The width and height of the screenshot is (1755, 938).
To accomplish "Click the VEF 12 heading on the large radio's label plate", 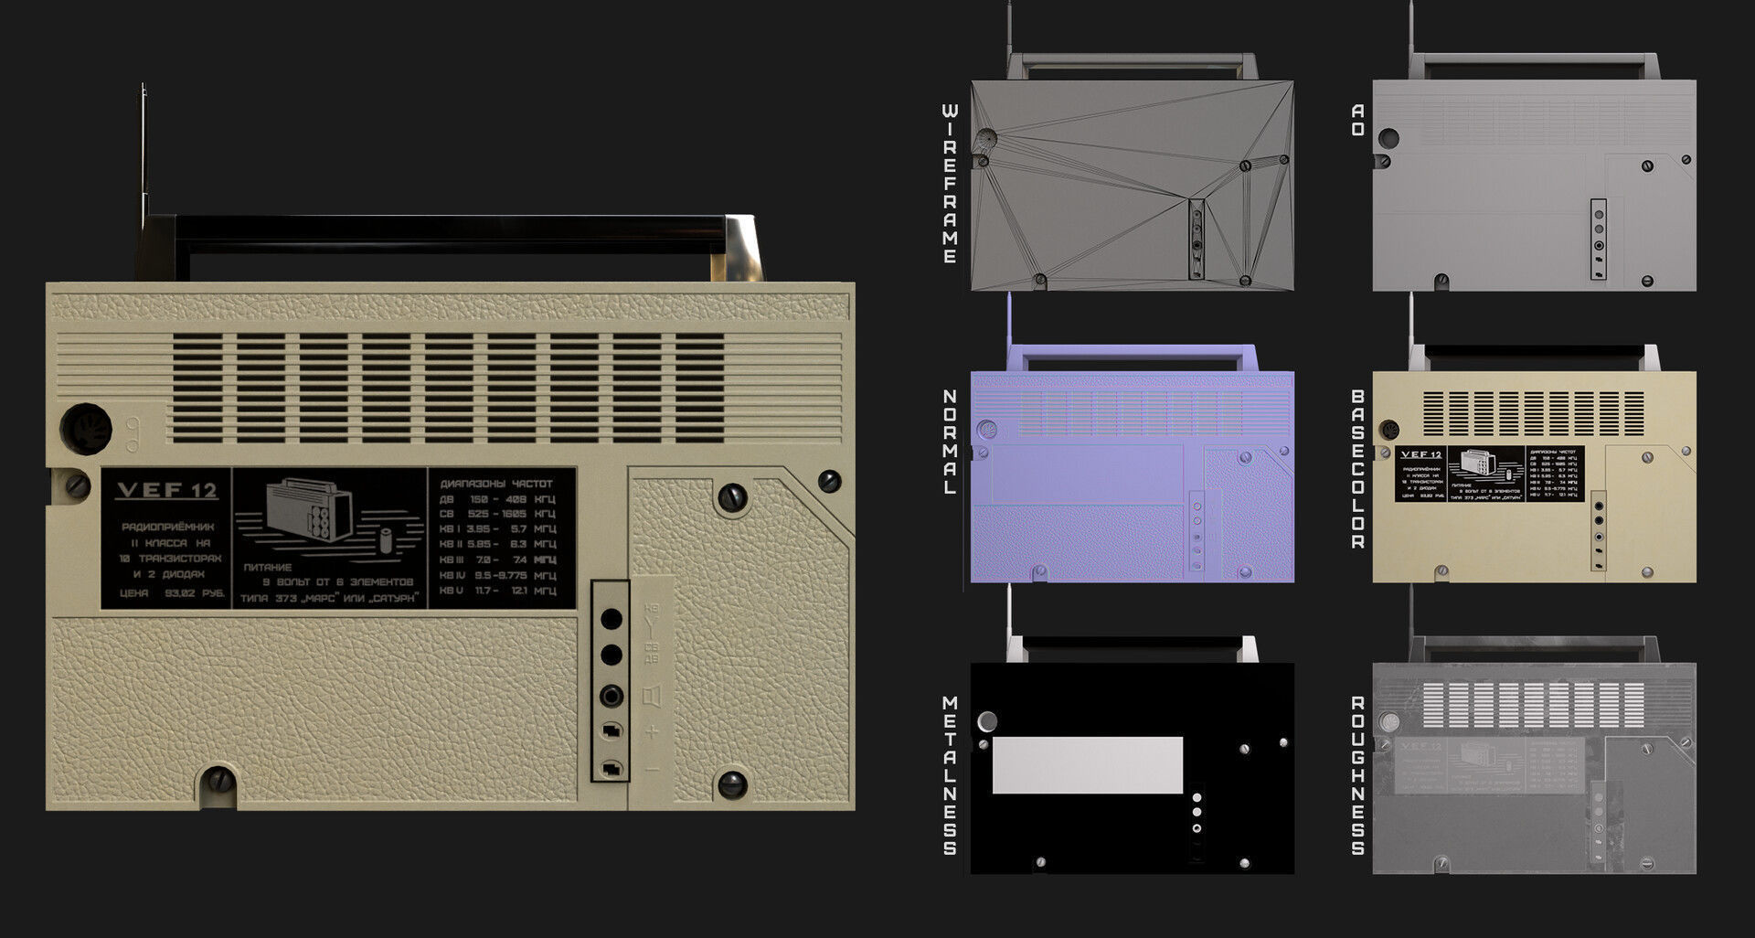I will tap(166, 491).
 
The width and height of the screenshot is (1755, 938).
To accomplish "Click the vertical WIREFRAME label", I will tap(950, 184).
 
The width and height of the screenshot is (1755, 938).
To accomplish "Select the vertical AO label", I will tap(1358, 120).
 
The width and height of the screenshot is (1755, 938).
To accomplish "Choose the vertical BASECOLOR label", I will tap(1358, 468).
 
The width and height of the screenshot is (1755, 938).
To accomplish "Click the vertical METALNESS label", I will tap(950, 774).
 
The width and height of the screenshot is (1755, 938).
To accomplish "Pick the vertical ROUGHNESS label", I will tap(1358, 774).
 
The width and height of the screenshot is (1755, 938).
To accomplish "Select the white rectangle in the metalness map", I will tap(1087, 765).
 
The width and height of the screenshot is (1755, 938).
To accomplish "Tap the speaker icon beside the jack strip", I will tap(652, 698).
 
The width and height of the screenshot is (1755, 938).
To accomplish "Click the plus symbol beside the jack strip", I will tap(652, 732).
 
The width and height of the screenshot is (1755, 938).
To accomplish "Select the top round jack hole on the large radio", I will tap(611, 620).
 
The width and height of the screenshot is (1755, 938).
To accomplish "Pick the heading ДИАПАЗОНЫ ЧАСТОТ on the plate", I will tap(496, 484).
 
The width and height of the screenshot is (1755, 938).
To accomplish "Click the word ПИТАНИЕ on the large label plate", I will tap(268, 567).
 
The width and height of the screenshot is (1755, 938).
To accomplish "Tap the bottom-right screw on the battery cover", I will tap(731, 783).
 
